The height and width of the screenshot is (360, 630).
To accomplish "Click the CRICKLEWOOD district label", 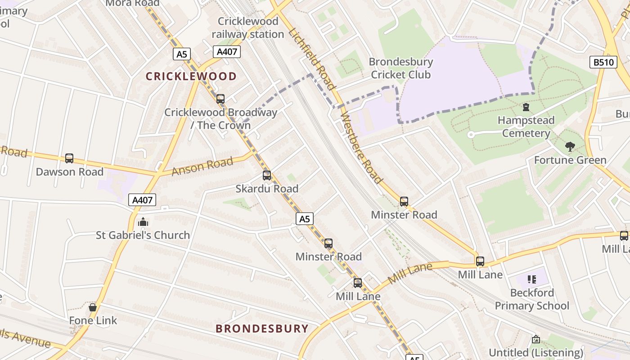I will click(x=191, y=76).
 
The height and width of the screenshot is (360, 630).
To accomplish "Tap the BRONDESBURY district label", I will click(x=262, y=328).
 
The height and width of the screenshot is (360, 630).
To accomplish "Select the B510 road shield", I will click(x=603, y=62).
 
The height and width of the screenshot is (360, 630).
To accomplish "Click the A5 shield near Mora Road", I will click(x=181, y=54).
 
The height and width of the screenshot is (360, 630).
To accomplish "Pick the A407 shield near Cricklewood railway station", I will click(x=227, y=52).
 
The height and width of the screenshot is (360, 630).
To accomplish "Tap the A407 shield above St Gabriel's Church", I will click(x=142, y=200).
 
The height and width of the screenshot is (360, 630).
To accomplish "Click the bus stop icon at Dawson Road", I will click(x=69, y=158).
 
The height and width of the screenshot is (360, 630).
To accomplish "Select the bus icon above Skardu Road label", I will click(x=267, y=175).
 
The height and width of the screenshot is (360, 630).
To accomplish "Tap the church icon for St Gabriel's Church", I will click(x=143, y=222).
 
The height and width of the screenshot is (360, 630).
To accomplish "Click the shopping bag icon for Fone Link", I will click(x=93, y=307).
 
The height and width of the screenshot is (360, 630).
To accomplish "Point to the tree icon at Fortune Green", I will click(x=570, y=147).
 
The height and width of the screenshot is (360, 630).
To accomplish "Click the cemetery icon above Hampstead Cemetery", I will click(x=526, y=107).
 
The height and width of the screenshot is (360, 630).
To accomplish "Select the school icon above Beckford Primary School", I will click(x=532, y=279).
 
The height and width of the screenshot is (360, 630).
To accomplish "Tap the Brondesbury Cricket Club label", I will click(x=400, y=68).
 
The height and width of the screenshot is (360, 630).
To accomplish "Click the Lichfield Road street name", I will click(x=312, y=58).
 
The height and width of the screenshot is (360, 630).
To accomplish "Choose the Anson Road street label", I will click(x=202, y=166).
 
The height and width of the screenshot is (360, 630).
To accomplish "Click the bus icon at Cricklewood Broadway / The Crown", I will click(x=220, y=99).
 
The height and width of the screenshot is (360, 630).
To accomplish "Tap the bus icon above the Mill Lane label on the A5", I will click(x=358, y=283).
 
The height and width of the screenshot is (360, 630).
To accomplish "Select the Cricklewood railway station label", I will click(x=247, y=27).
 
